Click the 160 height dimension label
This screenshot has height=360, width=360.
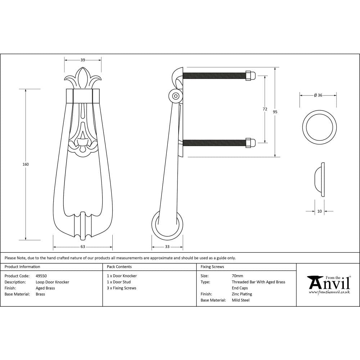click(x=26, y=164)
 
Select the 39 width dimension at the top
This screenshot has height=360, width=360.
click(x=83, y=60)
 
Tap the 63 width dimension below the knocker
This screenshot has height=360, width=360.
click(x=83, y=247)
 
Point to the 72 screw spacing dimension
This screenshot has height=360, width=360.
click(x=265, y=109)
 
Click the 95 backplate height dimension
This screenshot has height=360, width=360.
click(x=275, y=112)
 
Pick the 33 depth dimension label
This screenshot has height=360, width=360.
click(x=167, y=247)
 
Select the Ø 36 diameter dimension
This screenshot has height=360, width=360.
click(x=318, y=95)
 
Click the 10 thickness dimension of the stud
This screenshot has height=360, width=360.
click(x=319, y=211)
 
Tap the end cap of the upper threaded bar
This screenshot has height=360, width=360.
click(x=251, y=76)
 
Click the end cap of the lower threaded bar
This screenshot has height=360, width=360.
click(x=251, y=143)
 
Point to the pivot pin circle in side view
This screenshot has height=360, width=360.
click(x=176, y=96)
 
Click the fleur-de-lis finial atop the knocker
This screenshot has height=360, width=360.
click(x=83, y=78)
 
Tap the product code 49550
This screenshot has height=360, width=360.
click(x=41, y=276)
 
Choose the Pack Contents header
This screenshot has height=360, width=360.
click(x=119, y=267)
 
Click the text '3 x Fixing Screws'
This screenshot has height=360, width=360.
click(x=122, y=288)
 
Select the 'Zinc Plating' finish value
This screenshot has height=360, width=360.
click(x=242, y=294)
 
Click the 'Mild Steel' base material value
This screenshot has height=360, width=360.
click(x=241, y=300)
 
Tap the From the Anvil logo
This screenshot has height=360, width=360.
click(x=328, y=284)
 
